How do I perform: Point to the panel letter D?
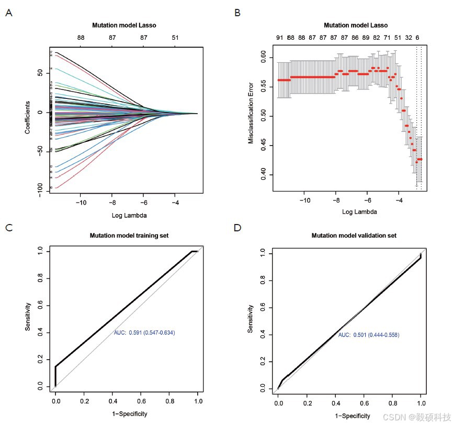[x=238, y=228]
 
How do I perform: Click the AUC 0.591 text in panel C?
[x=144, y=332]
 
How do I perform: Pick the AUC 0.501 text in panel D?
[x=368, y=334]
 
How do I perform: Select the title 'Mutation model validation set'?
[x=354, y=236]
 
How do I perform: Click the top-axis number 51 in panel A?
[x=175, y=38]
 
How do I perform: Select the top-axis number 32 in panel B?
[x=409, y=38]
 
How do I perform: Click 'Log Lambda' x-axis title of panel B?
[x=359, y=212]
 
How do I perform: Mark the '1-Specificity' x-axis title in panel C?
[x=126, y=414]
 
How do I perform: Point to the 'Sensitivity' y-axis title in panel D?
[x=251, y=320]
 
